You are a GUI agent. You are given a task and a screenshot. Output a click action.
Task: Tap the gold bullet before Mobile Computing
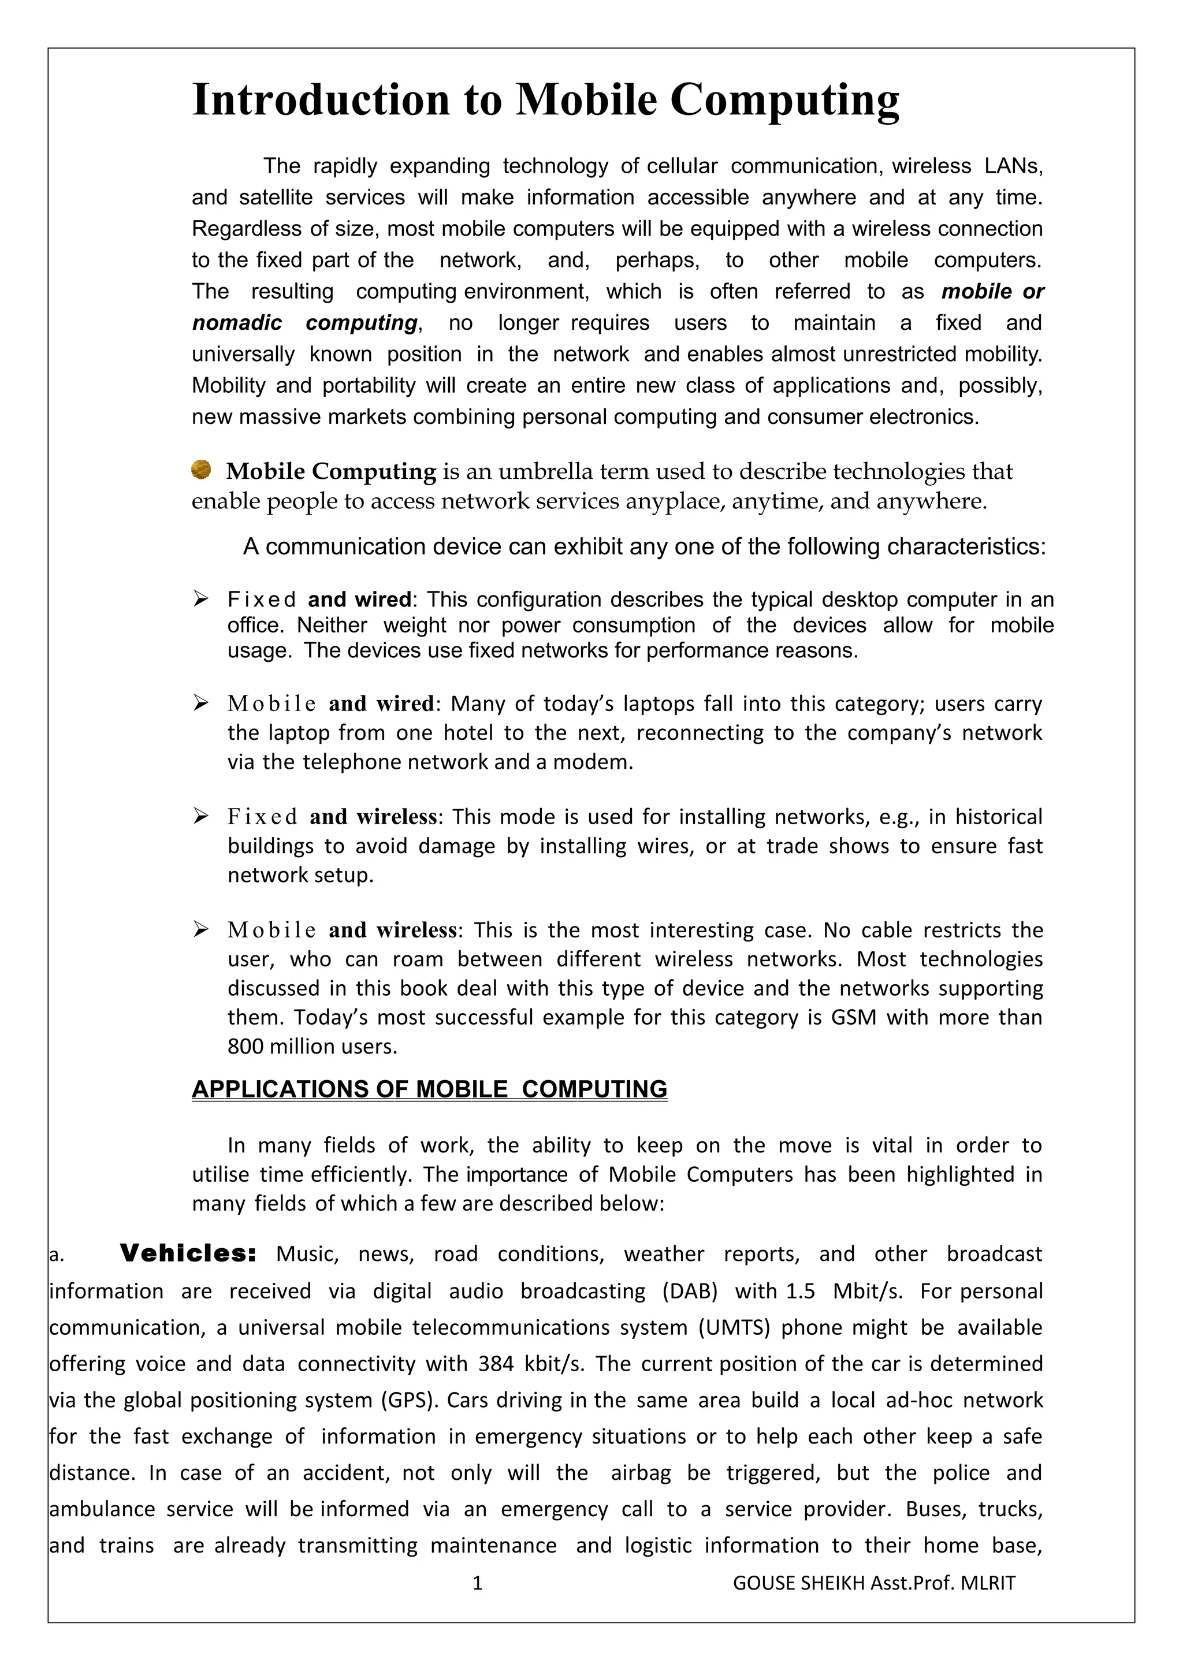201,470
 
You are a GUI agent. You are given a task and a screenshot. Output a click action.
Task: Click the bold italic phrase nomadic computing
304,323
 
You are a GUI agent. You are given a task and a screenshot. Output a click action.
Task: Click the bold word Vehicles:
188,1253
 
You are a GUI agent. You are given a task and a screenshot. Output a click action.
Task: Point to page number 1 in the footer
477,1582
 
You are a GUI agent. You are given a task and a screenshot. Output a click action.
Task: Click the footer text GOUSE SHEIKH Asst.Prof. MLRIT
873,1582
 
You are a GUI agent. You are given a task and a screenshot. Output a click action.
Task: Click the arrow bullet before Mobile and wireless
201,929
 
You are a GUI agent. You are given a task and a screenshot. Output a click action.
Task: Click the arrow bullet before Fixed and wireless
201,816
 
